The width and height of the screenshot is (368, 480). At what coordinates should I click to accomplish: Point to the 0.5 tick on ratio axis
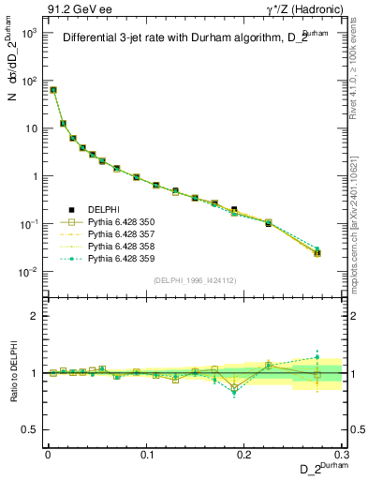click(x=34, y=429)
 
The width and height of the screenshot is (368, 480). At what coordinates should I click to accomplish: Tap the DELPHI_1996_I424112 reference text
click(x=194, y=279)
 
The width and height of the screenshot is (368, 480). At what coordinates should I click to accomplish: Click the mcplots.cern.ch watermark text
click(x=358, y=211)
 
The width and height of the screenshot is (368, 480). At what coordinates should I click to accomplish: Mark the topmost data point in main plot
click(x=53, y=90)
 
